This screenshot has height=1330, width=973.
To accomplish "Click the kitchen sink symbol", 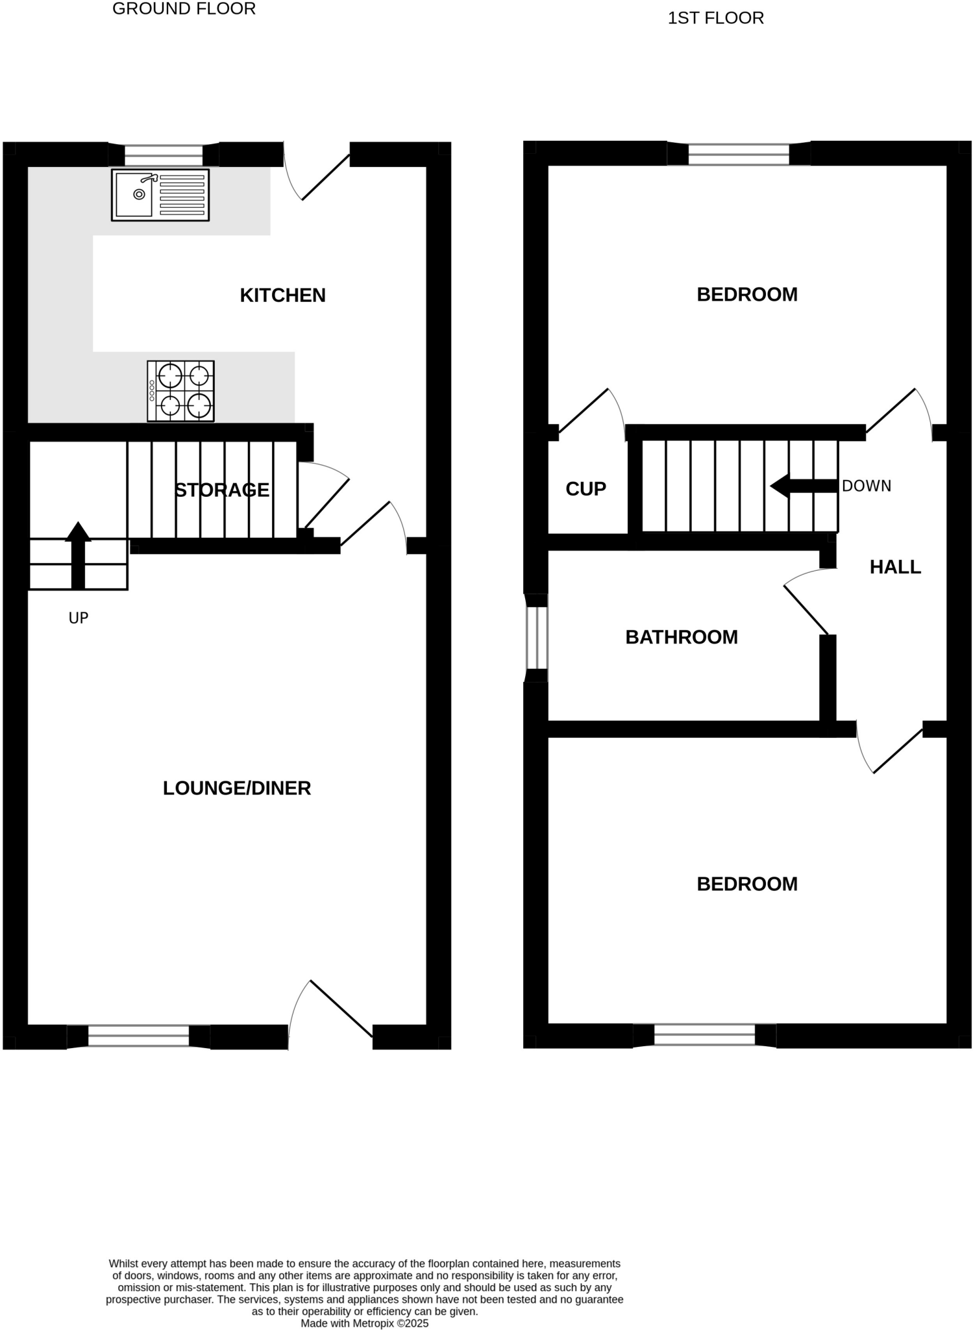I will point(160,195).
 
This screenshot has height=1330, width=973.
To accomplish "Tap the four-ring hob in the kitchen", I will point(180,391).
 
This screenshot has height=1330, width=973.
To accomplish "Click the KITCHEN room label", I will point(282,295).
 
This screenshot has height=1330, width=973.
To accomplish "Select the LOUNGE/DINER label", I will point(237,788).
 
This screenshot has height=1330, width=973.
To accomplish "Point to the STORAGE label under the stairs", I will point(222,490).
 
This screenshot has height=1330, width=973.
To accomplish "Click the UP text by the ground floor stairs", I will point(79,618).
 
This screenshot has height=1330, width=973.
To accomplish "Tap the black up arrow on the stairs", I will point(79,555).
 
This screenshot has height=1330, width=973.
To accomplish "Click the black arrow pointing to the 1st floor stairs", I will point(804,486).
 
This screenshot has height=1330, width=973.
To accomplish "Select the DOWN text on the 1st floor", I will point(866,486).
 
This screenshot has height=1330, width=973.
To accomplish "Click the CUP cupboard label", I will point(585,489).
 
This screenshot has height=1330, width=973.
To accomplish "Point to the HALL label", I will point(895,567).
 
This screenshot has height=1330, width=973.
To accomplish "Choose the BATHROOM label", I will point(682,637).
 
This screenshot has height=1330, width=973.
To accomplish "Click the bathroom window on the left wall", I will point(537,638).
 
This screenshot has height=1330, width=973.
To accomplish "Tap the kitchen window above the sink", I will point(164,155).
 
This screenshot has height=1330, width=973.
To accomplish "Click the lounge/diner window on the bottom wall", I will point(138,1036).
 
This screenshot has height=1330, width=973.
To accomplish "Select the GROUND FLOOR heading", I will point(184,9).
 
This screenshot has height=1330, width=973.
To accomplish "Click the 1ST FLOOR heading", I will point(715,18).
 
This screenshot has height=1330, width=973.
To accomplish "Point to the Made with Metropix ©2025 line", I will point(364,1323).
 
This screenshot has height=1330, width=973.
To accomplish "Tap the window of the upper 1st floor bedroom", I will point(739,154).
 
